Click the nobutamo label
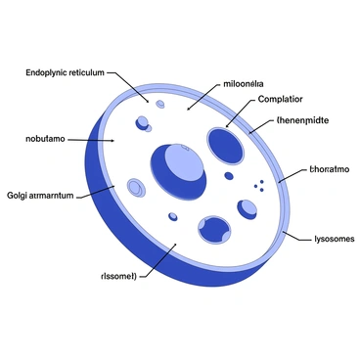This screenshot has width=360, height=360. pos(45,140)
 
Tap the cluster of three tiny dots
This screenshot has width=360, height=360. pos(258,185)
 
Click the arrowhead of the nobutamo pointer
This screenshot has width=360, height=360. pos(113,141)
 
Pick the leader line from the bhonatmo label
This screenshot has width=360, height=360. pos(291,174)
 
